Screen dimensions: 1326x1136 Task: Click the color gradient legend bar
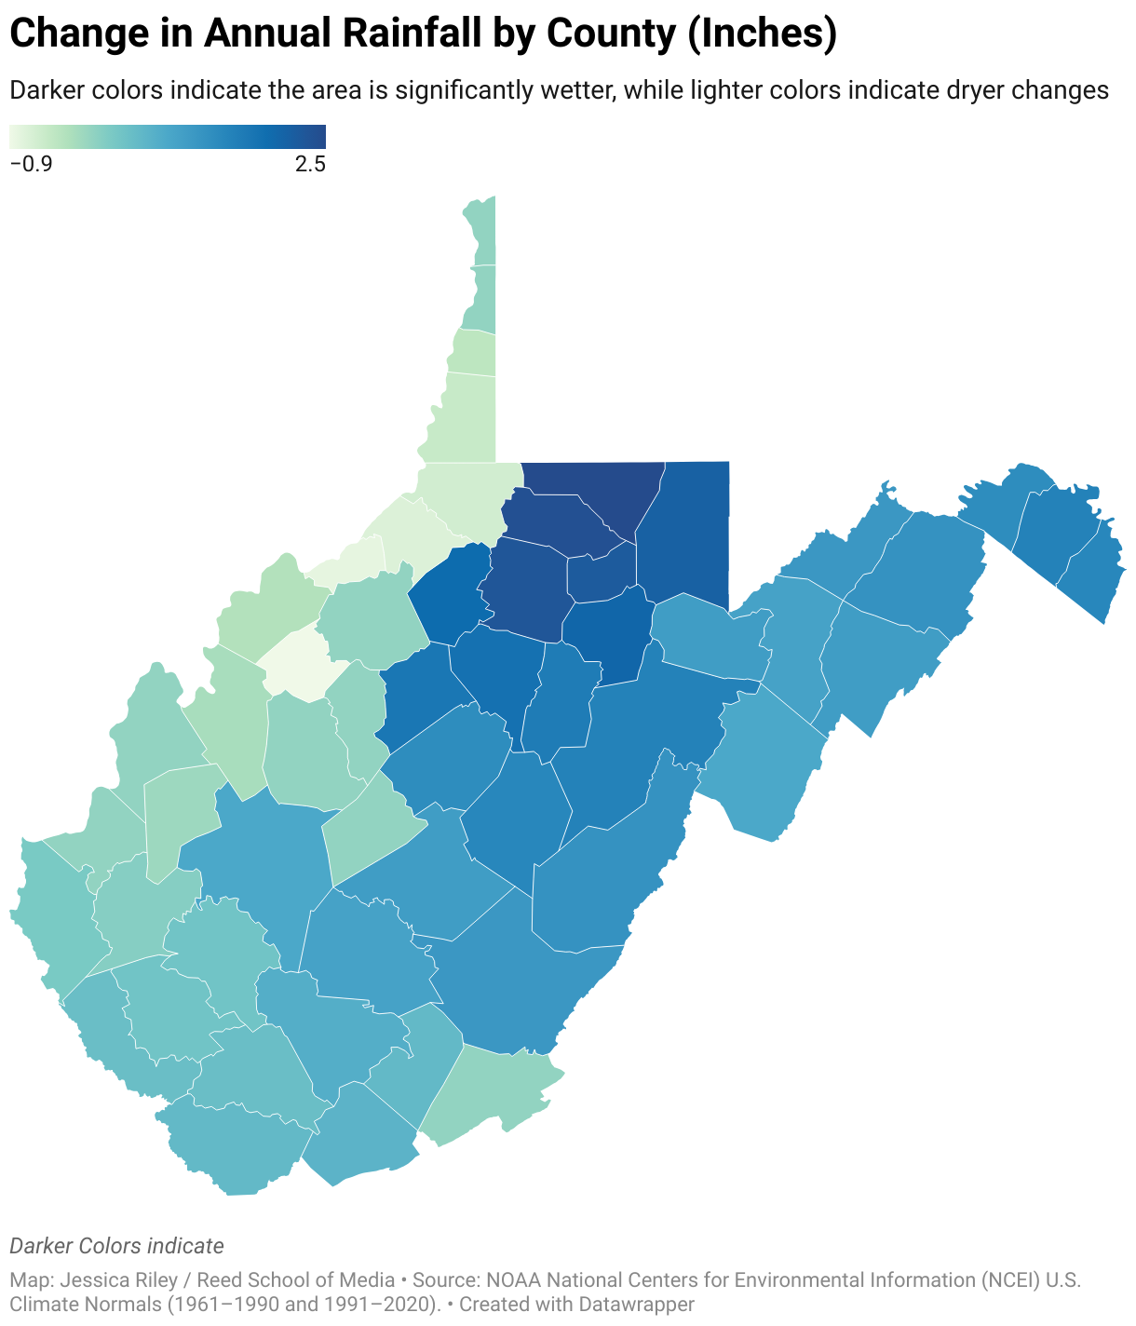(168, 137)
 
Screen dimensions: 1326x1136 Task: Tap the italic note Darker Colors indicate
(116, 1246)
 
